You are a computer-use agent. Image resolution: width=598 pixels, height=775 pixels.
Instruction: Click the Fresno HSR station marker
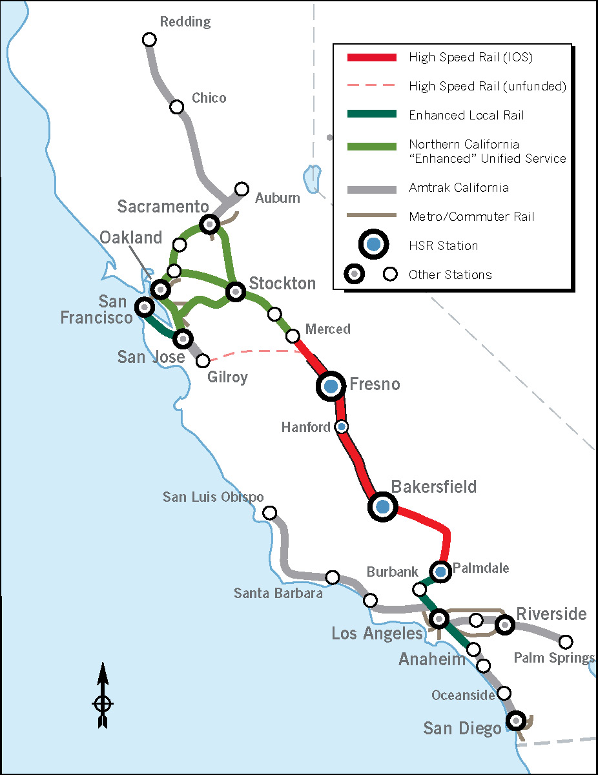pyautogui.click(x=331, y=386)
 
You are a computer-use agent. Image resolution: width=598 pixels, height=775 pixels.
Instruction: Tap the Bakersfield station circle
pyautogui.click(x=383, y=507)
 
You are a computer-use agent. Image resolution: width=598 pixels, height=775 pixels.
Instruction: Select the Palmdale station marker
pyautogui.click(x=440, y=571)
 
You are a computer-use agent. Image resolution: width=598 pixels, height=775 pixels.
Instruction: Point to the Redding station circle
pyautogui.click(x=149, y=40)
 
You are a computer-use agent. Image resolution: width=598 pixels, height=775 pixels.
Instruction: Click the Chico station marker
pyautogui.click(x=176, y=107)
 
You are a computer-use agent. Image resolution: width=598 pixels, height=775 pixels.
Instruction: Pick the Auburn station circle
pyautogui.click(x=242, y=189)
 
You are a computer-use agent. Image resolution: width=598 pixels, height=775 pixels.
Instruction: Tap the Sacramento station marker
pyautogui.click(x=210, y=224)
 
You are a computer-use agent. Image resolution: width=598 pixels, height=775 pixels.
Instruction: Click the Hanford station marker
pyautogui.click(x=342, y=426)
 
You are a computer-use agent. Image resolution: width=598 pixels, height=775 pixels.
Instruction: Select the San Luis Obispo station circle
pyautogui.click(x=270, y=513)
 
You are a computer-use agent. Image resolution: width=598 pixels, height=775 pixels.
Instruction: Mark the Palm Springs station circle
pyautogui.click(x=566, y=642)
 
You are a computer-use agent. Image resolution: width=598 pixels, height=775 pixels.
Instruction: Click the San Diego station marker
pyautogui.click(x=515, y=720)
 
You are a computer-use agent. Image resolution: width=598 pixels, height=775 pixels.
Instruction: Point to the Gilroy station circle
pyautogui.click(x=203, y=360)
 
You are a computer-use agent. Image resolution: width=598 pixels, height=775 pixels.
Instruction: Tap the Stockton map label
pyautogui.click(x=282, y=284)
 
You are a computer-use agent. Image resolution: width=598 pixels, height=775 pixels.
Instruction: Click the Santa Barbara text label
pyautogui.click(x=278, y=593)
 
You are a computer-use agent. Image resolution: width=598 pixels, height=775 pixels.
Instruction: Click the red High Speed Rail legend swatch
pyautogui.click(x=371, y=57)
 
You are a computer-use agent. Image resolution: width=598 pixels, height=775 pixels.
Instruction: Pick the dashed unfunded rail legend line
pyautogui.click(x=371, y=86)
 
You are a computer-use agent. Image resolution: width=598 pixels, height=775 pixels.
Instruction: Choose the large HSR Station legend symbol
pyautogui.click(x=373, y=245)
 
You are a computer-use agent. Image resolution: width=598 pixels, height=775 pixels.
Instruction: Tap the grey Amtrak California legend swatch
pyautogui.click(x=371, y=189)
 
